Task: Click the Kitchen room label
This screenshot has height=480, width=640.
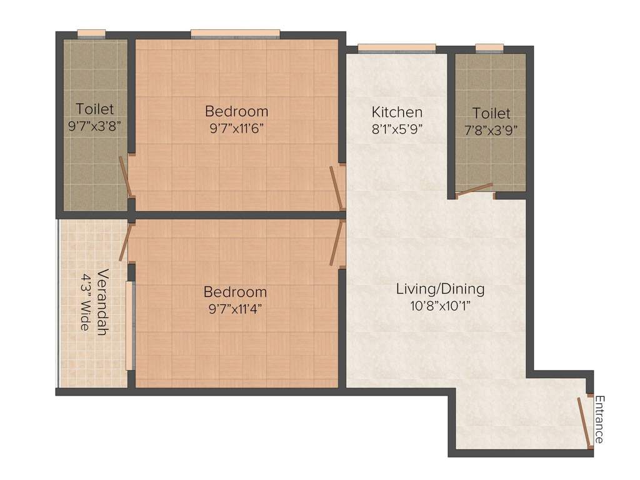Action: (397, 112)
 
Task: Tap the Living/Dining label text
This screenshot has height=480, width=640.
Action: (440, 289)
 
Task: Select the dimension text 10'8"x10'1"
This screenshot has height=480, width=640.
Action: (440, 306)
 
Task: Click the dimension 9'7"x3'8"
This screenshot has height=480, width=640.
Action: (94, 125)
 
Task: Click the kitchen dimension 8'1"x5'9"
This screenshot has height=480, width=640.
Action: (397, 129)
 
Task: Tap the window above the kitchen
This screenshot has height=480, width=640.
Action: (396, 48)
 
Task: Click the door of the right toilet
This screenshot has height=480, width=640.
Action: (475, 190)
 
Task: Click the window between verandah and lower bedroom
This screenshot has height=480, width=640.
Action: (129, 326)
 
